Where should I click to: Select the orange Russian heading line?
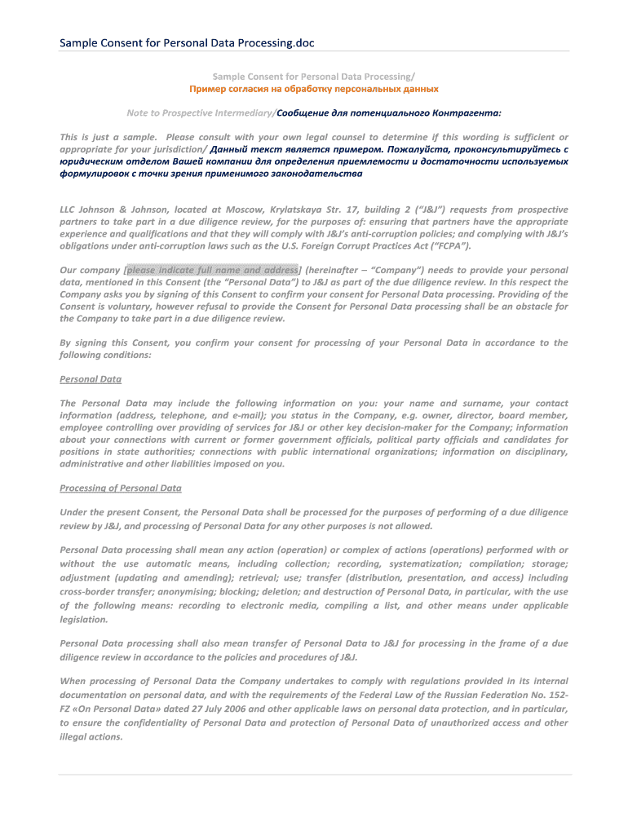pyautogui.click(x=314, y=88)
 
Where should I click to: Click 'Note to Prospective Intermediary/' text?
pyautogui.click(x=201, y=113)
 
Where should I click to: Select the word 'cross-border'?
pyautogui.click(x=86, y=592)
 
